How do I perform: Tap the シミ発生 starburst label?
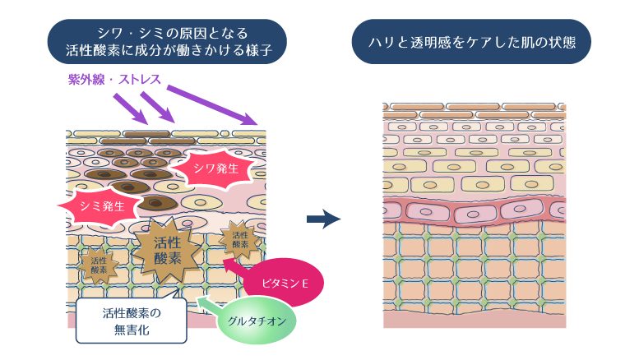pos(101,205)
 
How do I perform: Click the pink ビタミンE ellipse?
pos(284,283)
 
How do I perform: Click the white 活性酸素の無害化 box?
pos(132,321)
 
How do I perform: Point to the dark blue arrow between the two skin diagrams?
pos(323,219)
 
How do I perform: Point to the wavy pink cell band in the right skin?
pos(475,211)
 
